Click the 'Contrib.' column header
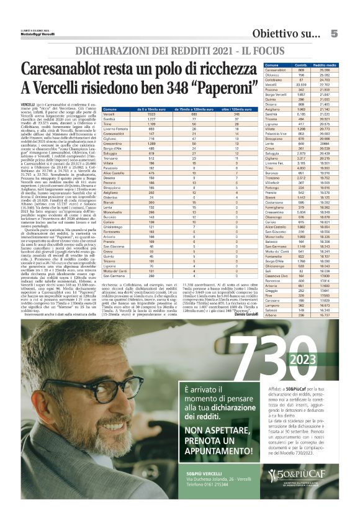tap(304, 65)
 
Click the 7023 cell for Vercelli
tap(134, 115)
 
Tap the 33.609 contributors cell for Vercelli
tap(304, 86)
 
